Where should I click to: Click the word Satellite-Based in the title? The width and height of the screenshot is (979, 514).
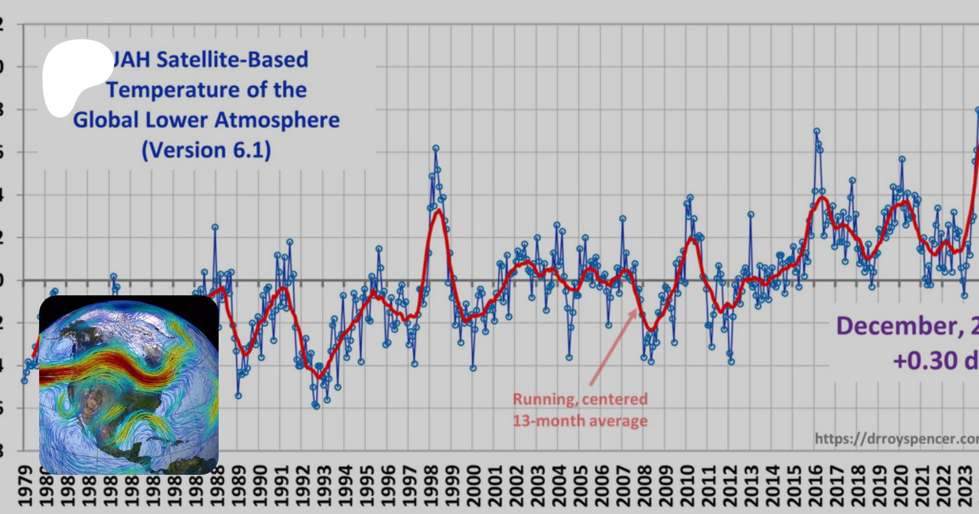pos(232,59)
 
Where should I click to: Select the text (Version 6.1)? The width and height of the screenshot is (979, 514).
pos(206,150)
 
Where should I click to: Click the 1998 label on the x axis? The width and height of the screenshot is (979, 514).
pos(431,486)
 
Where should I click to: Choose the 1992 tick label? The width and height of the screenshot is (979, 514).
pos(302,486)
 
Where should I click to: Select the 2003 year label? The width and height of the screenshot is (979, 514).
pos(537,486)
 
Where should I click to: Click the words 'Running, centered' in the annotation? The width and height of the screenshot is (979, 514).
pos(580,399)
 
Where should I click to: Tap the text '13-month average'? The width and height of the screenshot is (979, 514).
pos(580,421)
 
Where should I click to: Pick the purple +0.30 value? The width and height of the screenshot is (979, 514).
pos(925,361)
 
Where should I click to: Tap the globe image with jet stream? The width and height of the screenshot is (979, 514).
pos(129,385)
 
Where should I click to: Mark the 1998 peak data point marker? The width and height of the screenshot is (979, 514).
pos(436,148)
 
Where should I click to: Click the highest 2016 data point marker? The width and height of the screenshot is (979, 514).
pos(816,131)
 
